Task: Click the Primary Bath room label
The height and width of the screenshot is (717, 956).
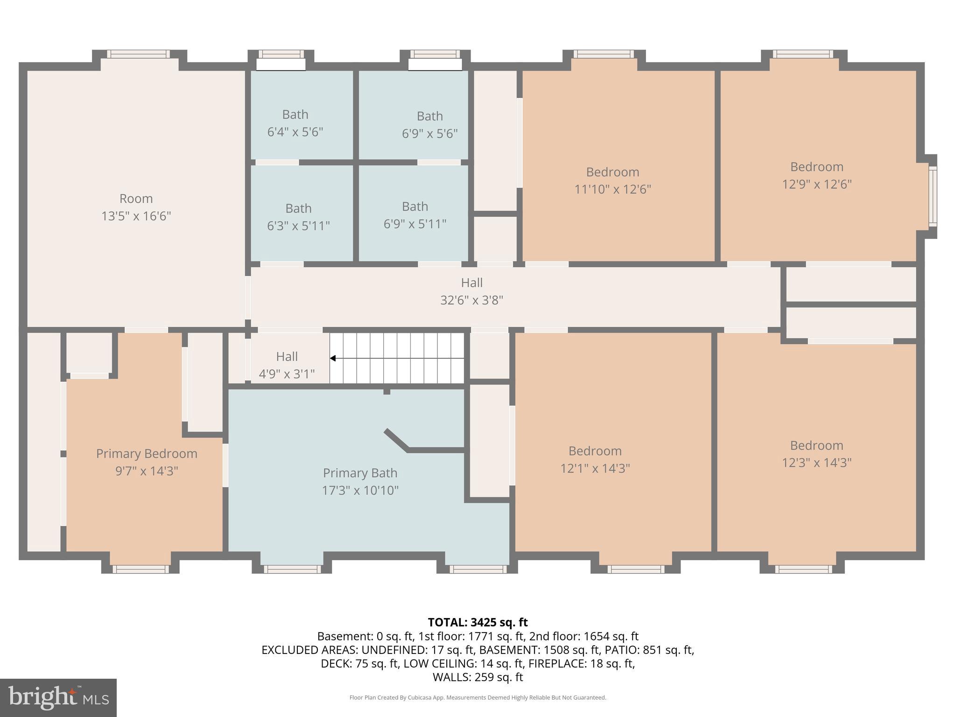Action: pyautogui.click(x=360, y=473)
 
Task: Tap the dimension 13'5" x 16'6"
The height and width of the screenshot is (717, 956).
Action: pyautogui.click(x=136, y=216)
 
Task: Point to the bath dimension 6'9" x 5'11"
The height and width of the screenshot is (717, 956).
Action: pyautogui.click(x=415, y=225)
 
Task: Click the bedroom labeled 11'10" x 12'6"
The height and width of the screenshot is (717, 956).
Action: pyautogui.click(x=612, y=181)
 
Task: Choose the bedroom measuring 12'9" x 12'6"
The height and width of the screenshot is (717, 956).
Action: pyautogui.click(x=816, y=176)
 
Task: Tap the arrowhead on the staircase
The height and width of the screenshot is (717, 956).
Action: pyautogui.click(x=333, y=358)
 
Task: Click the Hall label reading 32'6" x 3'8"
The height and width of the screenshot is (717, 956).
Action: pyautogui.click(x=471, y=291)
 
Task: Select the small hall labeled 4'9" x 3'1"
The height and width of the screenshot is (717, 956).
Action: pyautogui.click(x=287, y=365)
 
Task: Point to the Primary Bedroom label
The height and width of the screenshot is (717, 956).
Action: pyautogui.click(x=147, y=454)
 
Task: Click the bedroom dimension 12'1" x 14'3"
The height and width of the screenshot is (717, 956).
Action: pyautogui.click(x=595, y=468)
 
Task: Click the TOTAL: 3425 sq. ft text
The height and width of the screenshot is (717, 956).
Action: pyautogui.click(x=478, y=622)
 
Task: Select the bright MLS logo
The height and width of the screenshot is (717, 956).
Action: pyautogui.click(x=58, y=698)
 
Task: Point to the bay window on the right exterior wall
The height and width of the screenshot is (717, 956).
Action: pyautogui.click(x=932, y=197)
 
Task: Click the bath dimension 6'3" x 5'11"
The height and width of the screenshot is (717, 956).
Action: pyautogui.click(x=298, y=226)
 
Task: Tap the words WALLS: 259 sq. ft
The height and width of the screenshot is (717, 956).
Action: pyautogui.click(x=478, y=677)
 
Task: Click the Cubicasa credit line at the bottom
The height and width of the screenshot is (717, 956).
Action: pyautogui.click(x=478, y=698)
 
